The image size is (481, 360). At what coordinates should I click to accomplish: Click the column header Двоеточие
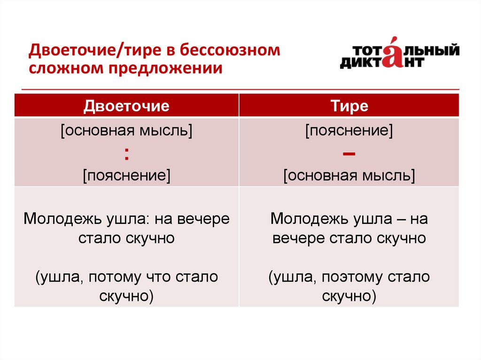pyautogui.click(x=126, y=106)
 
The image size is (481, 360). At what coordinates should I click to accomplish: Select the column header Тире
pyautogui.click(x=349, y=106)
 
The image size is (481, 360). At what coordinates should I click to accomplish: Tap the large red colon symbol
pyautogui.click(x=126, y=154)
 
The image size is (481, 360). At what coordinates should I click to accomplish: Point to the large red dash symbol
pyautogui.click(x=349, y=153)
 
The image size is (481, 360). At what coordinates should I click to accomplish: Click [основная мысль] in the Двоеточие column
pyautogui.click(x=126, y=131)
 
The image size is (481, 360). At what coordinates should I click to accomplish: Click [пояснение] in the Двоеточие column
pyautogui.click(x=126, y=176)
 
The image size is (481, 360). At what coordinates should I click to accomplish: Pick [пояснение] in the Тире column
pyautogui.click(x=349, y=131)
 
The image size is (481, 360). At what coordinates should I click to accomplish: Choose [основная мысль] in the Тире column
pyautogui.click(x=349, y=176)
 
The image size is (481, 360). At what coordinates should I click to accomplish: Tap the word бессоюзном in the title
pyautogui.click(x=230, y=50)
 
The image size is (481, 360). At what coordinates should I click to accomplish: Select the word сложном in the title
pyautogui.click(x=67, y=68)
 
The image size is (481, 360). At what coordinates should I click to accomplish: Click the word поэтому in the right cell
pyautogui.click(x=352, y=277)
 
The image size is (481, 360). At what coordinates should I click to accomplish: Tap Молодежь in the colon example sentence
pyautogui.click(x=62, y=219)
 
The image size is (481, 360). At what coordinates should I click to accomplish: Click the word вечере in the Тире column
pyautogui.click(x=298, y=238)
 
